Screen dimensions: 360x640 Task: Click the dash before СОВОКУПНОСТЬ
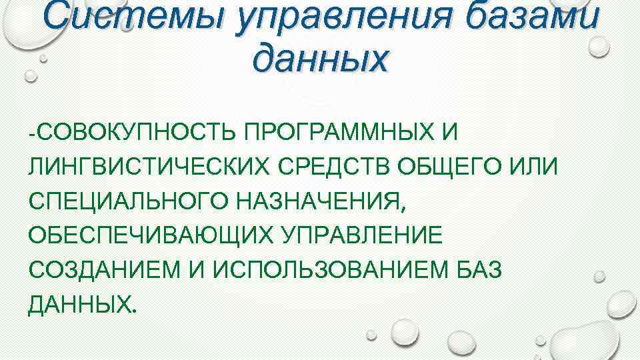coord(32,133)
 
